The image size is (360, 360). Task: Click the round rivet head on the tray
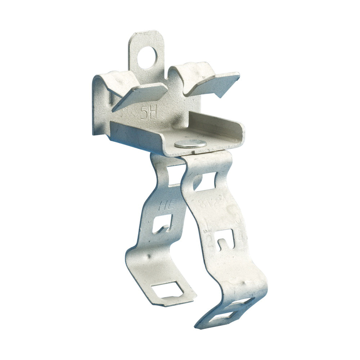pyautogui.click(x=190, y=144)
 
